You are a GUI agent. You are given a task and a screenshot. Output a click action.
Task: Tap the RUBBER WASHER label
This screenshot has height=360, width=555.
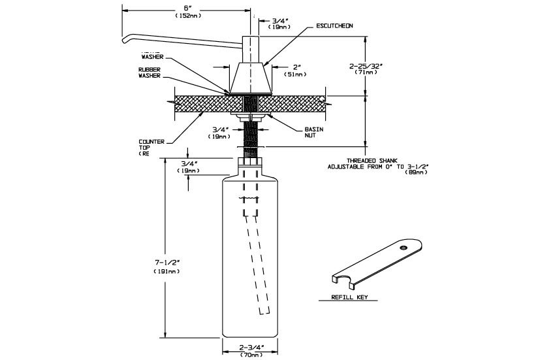[150, 72]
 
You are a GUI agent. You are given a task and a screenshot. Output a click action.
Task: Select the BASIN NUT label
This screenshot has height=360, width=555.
[314, 133]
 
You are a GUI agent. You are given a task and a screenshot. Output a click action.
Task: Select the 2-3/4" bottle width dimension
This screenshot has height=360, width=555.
[251, 346]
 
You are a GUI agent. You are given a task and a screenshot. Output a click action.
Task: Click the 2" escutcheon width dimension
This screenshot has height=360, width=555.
[296, 67]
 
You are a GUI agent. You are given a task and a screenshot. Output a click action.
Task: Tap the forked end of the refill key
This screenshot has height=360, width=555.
[343, 281]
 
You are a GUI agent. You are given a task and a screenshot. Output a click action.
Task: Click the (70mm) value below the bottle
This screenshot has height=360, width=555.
[251, 355]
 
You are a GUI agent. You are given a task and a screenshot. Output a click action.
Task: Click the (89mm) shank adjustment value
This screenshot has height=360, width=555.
[418, 173]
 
